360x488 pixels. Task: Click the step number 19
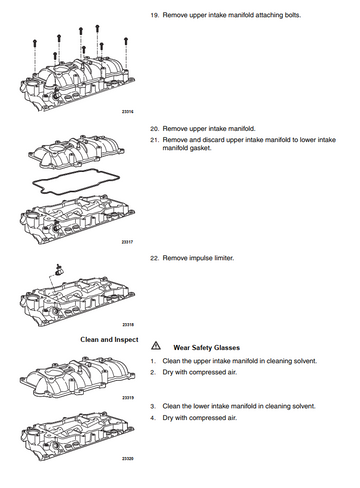(154, 15)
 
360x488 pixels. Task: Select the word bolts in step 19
(292, 15)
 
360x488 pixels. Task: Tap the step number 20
(154, 129)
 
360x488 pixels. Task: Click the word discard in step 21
(213, 140)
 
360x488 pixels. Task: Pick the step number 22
(154, 258)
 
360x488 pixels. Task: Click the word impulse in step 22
(201, 258)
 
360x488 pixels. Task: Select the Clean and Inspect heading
(109, 340)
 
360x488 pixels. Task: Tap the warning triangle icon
(156, 346)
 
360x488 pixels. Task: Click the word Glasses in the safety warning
(227, 348)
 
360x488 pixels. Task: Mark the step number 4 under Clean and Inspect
(153, 418)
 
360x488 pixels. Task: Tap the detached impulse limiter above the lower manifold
(59, 269)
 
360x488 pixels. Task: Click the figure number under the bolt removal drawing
(127, 112)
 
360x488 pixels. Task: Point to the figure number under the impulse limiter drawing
(128, 324)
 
